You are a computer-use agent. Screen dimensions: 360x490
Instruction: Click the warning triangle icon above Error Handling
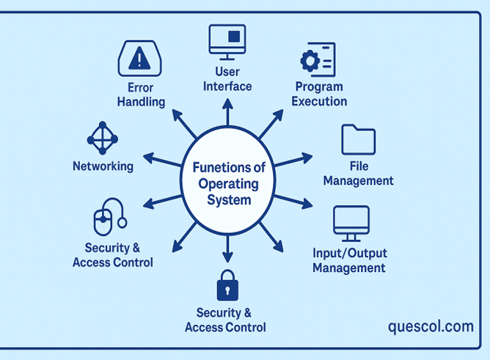[139, 58]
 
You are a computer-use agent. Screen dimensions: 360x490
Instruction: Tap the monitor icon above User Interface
[227, 41]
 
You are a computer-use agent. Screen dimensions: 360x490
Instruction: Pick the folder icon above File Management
[358, 139]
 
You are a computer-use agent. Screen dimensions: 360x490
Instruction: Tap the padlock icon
[227, 286]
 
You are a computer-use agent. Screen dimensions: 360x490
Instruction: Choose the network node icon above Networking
[102, 138]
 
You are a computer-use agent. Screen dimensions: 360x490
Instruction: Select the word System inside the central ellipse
[227, 199]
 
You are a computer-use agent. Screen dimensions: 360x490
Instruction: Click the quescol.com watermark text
[431, 326]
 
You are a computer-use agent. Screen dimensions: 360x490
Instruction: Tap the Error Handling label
[141, 95]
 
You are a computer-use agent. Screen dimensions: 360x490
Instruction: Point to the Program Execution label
[319, 95]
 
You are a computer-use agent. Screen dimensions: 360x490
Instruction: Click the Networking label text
[103, 166]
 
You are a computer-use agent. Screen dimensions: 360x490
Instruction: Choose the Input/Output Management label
[349, 261]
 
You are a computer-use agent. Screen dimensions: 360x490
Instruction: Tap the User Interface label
[227, 79]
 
